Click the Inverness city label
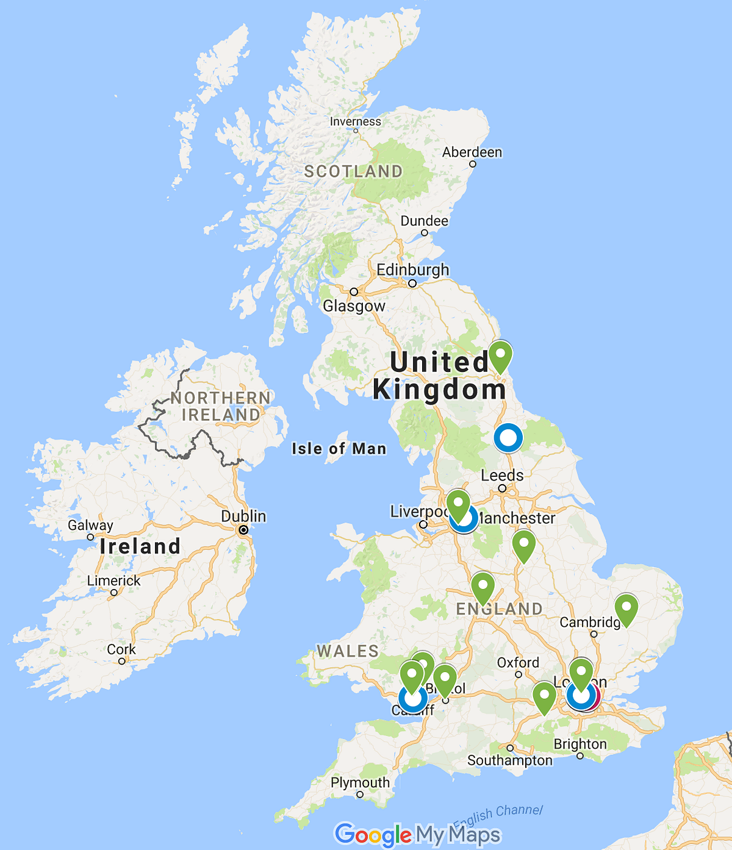click(x=355, y=121)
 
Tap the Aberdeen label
click(x=472, y=152)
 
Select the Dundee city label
click(x=424, y=221)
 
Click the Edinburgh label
click(x=412, y=270)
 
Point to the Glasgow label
click(x=354, y=305)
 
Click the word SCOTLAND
click(x=353, y=171)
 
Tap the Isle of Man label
click(x=339, y=449)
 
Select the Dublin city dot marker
click(x=243, y=530)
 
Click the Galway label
click(x=90, y=525)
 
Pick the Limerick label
click(x=113, y=580)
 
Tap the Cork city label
click(x=121, y=649)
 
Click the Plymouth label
click(x=360, y=782)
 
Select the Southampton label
click(x=510, y=760)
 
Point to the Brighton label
click(x=580, y=744)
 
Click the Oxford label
click(x=518, y=662)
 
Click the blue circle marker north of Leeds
click(x=508, y=438)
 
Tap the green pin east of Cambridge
click(x=626, y=608)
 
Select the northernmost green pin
click(x=500, y=355)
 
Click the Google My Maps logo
click(x=418, y=834)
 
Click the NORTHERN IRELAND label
click(x=221, y=406)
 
